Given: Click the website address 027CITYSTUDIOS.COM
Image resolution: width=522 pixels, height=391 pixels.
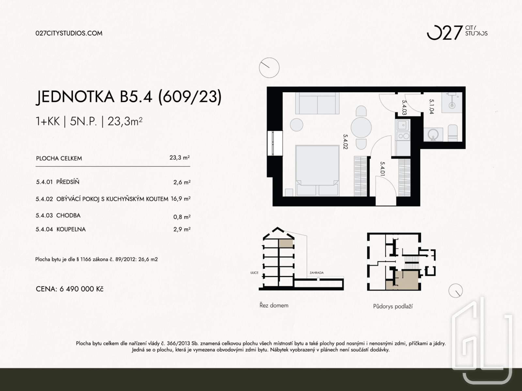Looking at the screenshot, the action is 69,33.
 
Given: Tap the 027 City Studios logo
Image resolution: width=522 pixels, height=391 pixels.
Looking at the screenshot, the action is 457,33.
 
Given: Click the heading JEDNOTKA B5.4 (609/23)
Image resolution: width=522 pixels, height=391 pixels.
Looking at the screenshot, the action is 129,97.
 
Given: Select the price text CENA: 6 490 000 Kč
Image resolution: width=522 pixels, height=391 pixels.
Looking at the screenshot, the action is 69,289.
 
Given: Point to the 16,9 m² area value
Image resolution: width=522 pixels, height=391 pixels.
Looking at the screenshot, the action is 180,199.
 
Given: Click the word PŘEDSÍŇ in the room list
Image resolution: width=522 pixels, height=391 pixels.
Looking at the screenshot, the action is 68,182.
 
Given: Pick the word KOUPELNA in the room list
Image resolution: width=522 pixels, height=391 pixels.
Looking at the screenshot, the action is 71,229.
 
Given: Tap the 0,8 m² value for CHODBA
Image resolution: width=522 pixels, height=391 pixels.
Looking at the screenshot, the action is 182,217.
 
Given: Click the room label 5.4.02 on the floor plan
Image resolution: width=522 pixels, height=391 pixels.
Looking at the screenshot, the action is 345,142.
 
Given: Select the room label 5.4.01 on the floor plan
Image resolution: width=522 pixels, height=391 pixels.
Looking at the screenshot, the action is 382,169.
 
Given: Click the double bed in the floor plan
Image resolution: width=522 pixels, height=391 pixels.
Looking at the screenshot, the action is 317,171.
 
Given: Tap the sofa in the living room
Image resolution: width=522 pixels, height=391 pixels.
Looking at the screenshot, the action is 317,104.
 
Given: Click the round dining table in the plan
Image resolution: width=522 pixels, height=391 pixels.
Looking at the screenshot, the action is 361,127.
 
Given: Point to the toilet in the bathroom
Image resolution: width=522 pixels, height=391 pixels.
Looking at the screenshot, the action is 453,133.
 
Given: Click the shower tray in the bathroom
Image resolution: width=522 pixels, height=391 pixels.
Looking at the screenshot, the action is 452,103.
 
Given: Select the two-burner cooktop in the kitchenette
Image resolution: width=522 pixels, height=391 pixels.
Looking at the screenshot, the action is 403,136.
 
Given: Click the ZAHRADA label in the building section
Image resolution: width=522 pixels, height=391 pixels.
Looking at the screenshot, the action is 316,273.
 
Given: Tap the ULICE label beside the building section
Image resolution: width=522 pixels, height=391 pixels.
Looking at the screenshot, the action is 254,273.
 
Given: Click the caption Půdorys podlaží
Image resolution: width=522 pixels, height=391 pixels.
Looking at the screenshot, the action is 393,307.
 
